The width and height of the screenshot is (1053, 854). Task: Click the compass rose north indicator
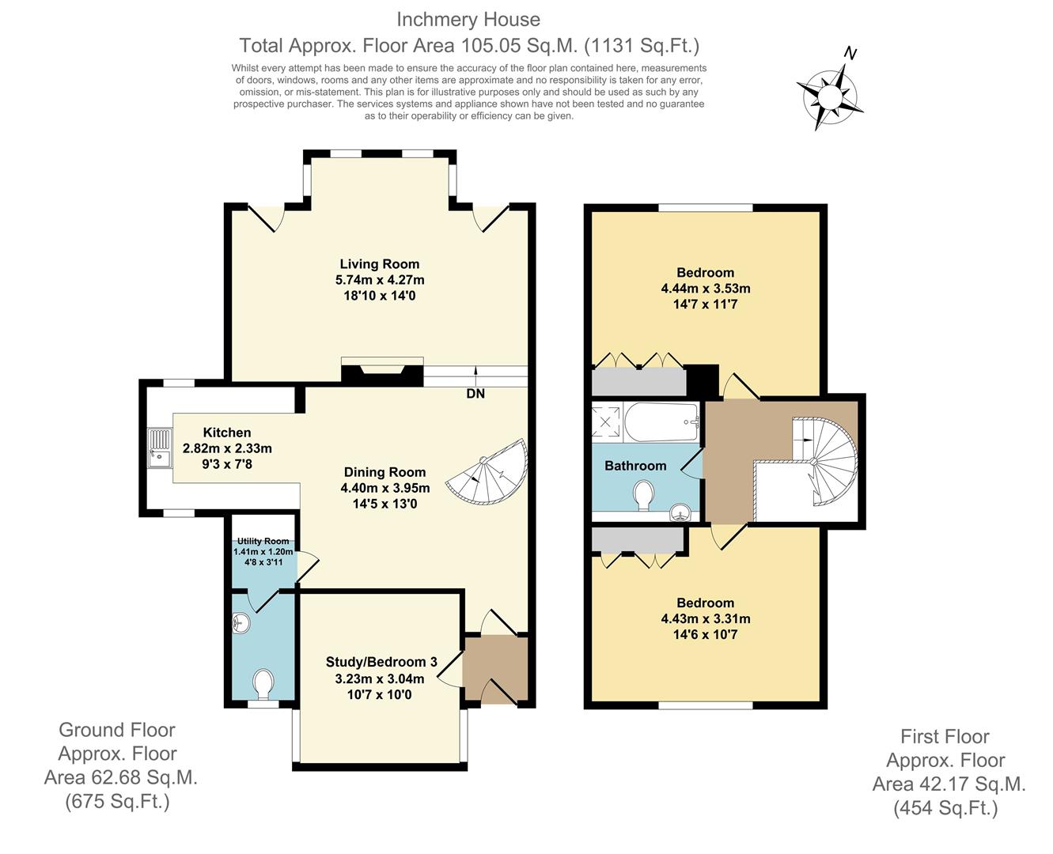click(831, 94)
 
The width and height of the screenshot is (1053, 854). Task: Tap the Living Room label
click(380, 264)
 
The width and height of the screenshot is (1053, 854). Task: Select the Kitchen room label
click(227, 433)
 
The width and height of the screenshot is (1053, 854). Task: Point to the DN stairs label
click(475, 393)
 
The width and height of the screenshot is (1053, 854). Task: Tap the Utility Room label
click(263, 541)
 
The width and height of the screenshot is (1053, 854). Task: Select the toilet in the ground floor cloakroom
click(263, 684)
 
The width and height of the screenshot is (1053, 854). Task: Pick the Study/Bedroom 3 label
click(381, 662)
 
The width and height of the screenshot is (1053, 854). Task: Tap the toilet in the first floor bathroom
click(644, 497)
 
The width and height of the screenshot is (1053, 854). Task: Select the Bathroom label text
click(635, 466)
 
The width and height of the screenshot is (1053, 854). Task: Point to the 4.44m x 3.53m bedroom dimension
click(706, 289)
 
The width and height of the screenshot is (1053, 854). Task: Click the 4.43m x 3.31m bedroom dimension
click(706, 618)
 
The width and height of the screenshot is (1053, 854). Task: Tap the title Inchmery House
click(468, 20)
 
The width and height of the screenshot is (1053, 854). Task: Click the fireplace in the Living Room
click(382, 372)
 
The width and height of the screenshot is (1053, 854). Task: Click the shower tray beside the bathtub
click(608, 421)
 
